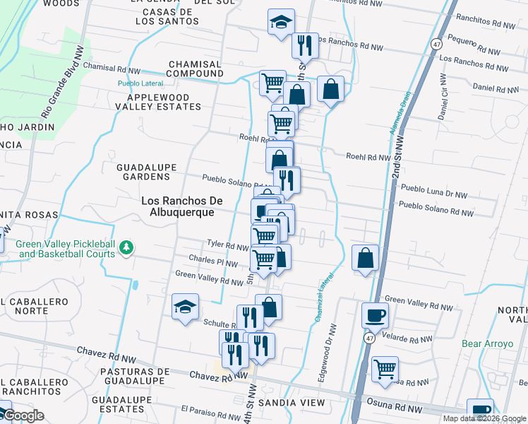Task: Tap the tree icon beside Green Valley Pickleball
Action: coord(126,247)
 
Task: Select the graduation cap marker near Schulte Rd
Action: coord(185,307)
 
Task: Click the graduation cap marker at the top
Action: coord(281,22)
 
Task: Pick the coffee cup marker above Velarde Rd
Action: coord(375,315)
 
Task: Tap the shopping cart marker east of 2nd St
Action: coord(385,368)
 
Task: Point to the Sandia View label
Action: coord(292,403)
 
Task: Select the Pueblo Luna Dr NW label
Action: coord(434,193)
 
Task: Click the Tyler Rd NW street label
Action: coord(227,244)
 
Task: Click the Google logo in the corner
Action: coord(23,416)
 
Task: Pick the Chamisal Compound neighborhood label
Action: coord(196,69)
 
